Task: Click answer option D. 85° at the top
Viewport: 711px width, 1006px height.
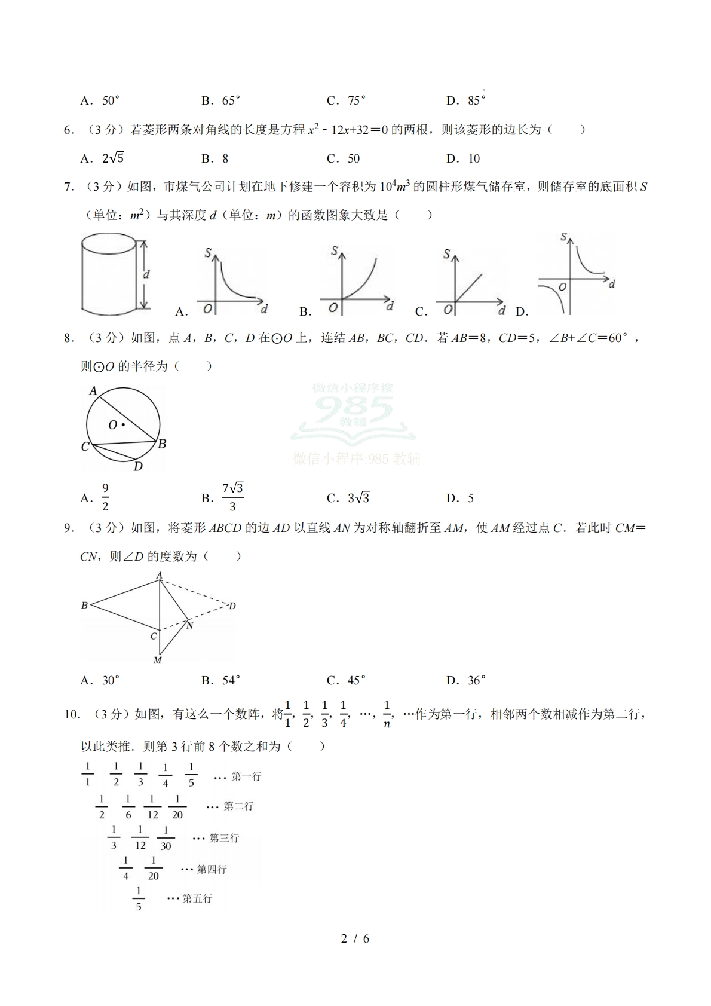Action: point(466,100)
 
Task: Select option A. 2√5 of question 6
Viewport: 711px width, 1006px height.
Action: point(103,158)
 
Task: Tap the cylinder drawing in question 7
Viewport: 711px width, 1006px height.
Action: point(108,273)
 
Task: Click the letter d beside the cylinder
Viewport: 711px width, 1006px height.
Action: point(146,274)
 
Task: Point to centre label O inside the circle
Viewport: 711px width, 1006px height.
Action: point(112,425)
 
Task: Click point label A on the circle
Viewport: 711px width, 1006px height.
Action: point(93,390)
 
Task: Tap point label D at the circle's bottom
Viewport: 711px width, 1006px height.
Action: point(138,466)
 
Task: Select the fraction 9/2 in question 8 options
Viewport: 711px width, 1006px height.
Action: point(105,497)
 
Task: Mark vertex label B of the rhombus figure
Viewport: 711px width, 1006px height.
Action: point(84,606)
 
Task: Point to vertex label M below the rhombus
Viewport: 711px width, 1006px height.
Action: point(157,661)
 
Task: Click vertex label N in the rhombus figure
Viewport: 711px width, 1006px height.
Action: point(190,625)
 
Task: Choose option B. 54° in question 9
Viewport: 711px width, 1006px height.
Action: point(221,680)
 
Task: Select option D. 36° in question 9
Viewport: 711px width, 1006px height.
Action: point(466,680)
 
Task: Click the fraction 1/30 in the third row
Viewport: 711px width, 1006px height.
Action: point(166,838)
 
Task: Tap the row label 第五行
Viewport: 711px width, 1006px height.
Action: point(197,898)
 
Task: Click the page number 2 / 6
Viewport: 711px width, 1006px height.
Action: point(355,938)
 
